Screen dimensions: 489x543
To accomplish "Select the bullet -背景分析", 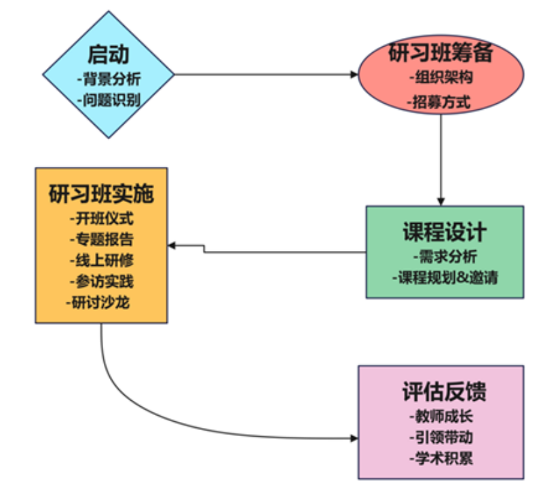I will click(x=109, y=79).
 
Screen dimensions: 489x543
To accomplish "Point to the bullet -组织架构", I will click(x=441, y=77).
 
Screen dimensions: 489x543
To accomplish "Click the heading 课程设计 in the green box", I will click(x=445, y=233).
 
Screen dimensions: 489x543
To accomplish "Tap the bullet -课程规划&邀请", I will click(x=445, y=277).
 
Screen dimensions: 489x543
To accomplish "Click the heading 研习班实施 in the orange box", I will click(x=101, y=194).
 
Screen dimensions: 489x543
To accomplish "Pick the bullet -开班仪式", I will click(x=101, y=218).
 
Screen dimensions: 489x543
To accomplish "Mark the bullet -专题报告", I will click(x=101, y=239).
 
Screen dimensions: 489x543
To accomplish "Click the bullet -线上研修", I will click(x=101, y=260).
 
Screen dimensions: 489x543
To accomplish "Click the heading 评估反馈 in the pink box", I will click(x=441, y=392).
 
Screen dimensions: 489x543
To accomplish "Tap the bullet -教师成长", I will click(x=441, y=416).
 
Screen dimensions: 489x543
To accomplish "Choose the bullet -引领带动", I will click(x=441, y=437).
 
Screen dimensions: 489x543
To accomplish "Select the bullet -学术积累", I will click(x=441, y=458).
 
